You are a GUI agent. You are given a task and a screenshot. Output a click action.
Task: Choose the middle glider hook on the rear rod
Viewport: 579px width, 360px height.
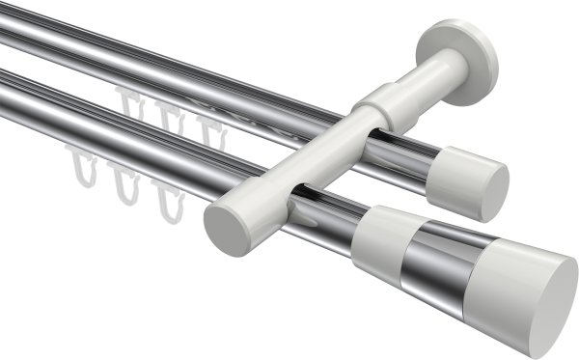point(169,115)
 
